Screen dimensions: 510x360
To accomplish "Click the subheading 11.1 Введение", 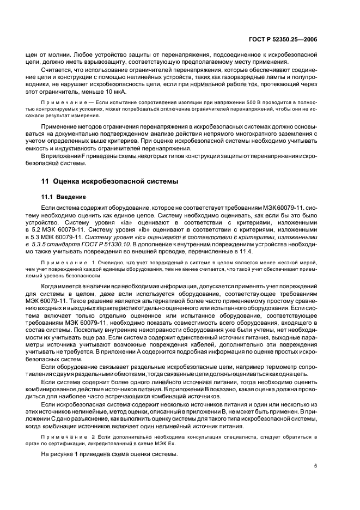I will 64,197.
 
